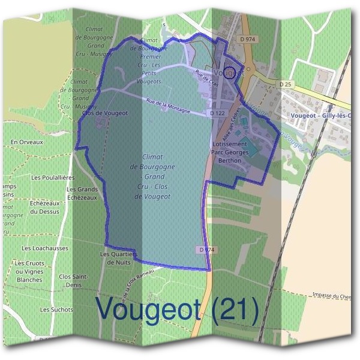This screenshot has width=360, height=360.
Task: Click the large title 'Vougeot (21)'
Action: tap(178, 310)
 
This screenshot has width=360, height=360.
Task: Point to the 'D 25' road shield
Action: tap(286, 84)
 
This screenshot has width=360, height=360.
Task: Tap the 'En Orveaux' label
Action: tap(27, 142)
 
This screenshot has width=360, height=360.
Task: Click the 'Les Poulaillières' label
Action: tap(52, 178)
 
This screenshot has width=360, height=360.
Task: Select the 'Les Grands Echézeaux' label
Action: tap(83, 193)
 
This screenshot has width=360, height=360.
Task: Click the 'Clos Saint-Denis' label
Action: tap(74, 280)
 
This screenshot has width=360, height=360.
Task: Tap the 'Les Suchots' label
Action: tap(56, 310)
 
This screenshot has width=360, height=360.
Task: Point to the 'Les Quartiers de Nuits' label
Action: tap(118, 258)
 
